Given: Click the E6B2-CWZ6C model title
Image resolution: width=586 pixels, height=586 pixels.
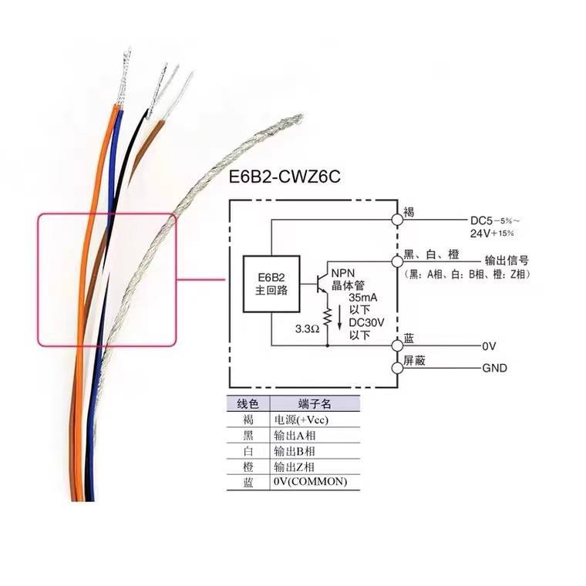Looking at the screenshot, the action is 285,177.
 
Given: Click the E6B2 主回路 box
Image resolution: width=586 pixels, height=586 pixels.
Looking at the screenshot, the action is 271,284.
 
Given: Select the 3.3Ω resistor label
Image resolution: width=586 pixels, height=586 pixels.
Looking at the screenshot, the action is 307,329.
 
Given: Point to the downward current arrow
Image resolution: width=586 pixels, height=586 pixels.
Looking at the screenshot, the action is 339,318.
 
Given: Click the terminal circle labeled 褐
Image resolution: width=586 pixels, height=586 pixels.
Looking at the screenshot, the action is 397,220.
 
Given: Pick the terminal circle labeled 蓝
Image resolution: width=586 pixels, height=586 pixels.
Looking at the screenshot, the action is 397,345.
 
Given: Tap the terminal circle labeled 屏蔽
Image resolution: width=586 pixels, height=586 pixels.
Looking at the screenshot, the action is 397,368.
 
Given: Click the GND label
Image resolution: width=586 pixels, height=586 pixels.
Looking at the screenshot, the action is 494,368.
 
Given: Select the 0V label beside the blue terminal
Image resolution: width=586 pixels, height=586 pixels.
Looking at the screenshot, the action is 489,346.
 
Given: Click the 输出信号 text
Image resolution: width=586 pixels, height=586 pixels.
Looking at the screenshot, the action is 507,260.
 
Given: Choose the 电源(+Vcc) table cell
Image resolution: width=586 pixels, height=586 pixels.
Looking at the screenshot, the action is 301,419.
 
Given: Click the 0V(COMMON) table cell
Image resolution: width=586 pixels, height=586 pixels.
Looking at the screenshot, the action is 310,481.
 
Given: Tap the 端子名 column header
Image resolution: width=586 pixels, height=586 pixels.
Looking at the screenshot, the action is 315,403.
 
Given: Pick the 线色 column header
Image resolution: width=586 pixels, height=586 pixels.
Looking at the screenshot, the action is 248,403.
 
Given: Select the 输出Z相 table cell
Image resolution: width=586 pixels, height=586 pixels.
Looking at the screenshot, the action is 294,466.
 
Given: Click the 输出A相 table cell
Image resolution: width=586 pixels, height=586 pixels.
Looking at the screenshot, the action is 295,436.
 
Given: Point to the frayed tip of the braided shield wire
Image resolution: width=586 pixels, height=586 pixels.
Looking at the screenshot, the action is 299,117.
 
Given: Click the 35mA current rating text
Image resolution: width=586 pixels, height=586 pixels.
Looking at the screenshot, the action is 363,298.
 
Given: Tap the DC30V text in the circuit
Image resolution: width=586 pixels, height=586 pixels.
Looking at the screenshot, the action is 366,322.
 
